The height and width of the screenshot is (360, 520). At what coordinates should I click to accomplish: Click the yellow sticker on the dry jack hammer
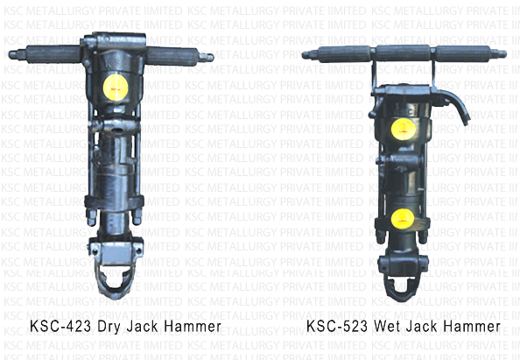(113, 88)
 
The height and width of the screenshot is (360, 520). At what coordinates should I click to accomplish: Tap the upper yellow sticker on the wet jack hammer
(403, 128)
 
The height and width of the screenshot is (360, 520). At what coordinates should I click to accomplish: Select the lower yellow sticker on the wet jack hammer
(403, 217)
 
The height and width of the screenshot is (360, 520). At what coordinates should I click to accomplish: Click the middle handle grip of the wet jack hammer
(403, 53)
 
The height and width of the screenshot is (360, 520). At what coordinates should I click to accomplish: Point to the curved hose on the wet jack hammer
(453, 100)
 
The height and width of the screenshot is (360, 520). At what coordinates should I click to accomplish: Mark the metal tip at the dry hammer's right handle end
(206, 57)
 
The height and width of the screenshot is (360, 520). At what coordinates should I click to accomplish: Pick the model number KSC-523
(335, 327)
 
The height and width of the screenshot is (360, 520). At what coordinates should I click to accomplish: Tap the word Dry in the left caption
(103, 327)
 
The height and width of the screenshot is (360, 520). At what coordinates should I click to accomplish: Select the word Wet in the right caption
(382, 327)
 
